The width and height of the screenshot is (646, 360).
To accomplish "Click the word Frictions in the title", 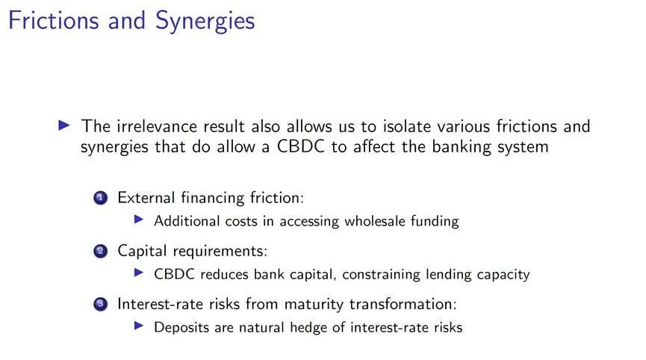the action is click(54, 20).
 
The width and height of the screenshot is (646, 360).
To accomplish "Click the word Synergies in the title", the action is click(205, 22).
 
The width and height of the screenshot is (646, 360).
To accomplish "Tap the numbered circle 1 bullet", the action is click(101, 198).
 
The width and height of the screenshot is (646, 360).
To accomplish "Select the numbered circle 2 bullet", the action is click(101, 251).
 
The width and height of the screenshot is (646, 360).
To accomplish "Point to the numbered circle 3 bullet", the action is click(101, 304).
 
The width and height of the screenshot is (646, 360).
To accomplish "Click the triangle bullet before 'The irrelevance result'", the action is click(64, 125).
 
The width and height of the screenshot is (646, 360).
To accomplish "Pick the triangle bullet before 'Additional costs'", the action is click(139, 220).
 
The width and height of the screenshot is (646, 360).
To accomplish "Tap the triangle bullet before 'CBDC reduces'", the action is click(139, 273).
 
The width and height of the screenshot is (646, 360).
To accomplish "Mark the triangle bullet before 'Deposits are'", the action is click(139, 326).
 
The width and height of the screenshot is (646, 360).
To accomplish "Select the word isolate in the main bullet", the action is click(408, 125).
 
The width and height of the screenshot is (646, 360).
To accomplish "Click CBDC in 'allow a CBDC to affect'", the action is click(301, 146).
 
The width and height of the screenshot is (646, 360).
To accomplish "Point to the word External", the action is click(146, 198).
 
